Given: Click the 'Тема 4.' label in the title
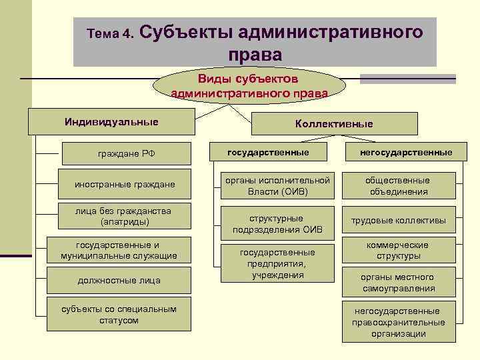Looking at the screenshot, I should point(111,33).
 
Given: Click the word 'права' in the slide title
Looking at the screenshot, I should point(255,54).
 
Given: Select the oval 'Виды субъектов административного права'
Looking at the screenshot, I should point(249,85).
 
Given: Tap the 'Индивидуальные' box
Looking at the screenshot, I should point(111,122).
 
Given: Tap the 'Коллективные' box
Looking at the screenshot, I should point(334,124).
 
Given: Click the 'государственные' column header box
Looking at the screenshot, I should point(268,153).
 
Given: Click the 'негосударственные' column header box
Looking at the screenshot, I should point(399,153).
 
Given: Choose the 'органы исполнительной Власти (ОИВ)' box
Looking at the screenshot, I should point(277,186).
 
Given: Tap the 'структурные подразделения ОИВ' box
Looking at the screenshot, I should point(277,224).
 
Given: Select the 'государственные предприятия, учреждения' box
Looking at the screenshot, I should point(277,263).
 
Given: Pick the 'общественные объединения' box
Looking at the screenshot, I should point(399,186).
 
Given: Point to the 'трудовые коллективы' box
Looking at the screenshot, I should point(399,221).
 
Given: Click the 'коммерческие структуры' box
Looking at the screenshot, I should point(399,251).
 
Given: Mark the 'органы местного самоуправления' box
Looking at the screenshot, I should point(399,283).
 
